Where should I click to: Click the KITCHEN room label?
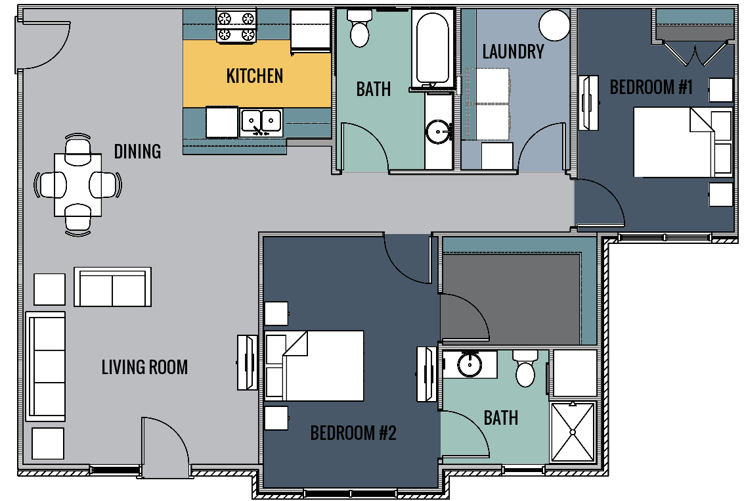click(255, 76)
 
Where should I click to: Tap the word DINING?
click(137, 151)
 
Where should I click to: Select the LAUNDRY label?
click(513, 52)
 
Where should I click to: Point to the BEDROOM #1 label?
click(651, 87)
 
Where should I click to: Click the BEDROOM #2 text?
click(353, 433)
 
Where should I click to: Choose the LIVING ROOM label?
click(144, 367)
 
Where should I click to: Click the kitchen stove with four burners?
click(236, 26)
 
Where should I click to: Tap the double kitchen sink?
click(261, 122)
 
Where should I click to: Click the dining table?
click(77, 184)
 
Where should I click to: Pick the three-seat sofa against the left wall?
click(45, 366)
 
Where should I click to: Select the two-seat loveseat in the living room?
click(112, 287)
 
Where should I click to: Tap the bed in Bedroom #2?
click(315, 366)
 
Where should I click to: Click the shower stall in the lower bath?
click(573, 431)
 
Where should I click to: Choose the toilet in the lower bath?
click(525, 369)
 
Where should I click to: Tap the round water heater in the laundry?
click(554, 25)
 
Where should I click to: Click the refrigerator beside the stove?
click(311, 30)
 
